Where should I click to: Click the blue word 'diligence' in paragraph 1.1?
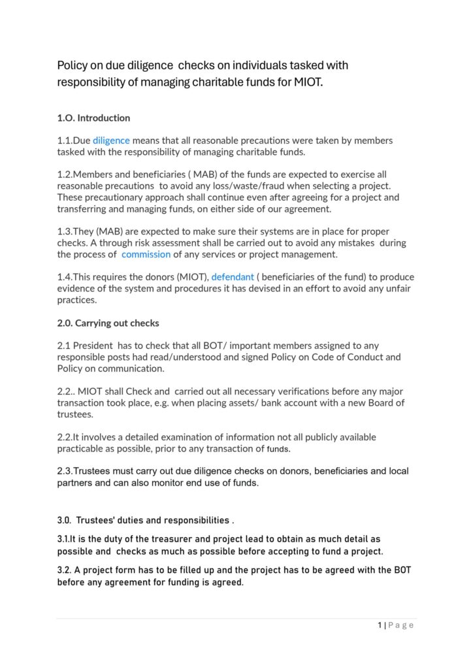coord(111,140)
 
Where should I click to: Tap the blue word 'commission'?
coord(146,254)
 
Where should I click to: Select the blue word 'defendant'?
coord(232,277)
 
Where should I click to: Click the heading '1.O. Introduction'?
coord(93,118)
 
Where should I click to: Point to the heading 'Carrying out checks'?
coord(117,323)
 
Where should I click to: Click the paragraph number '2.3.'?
coord(65,471)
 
